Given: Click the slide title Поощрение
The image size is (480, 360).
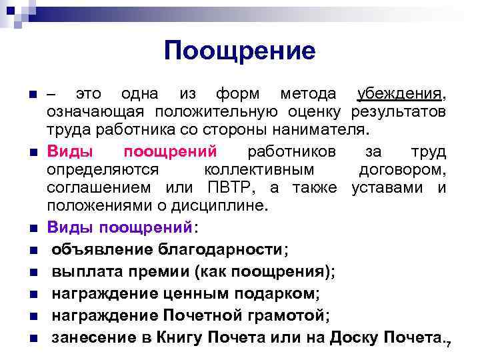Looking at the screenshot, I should tap(239, 51).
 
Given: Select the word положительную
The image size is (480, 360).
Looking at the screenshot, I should tap(215, 110).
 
